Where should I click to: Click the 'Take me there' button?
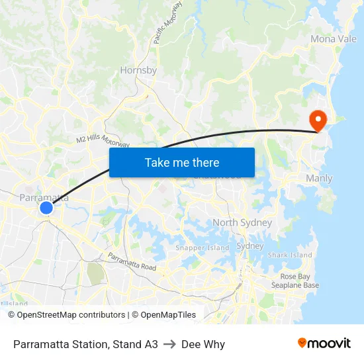[182, 162]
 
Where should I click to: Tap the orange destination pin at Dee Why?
[318, 119]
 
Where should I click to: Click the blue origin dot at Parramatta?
[46, 208]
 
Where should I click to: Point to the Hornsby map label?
[138, 70]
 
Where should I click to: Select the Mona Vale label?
[334, 39]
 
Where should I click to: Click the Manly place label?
[319, 179]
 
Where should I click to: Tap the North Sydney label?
[242, 222]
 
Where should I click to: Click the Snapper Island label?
[202, 248]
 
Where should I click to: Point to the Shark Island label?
[290, 255]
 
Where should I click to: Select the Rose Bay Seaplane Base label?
[295, 281]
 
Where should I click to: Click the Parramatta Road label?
[132, 262]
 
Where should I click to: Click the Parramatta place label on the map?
[44, 197]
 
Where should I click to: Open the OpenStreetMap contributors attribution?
[71, 315]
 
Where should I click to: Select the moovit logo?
[324, 343]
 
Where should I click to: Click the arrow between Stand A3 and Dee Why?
[169, 344]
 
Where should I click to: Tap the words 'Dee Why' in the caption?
[203, 344]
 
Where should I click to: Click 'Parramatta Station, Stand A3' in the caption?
[85, 344]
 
